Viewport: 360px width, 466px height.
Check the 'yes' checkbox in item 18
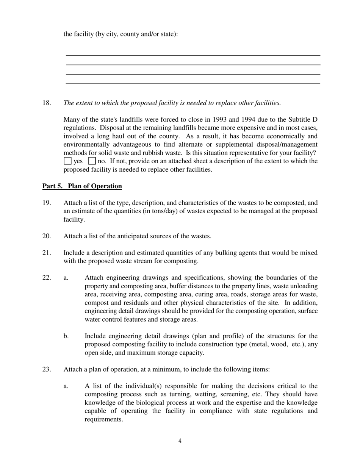tap(67, 161)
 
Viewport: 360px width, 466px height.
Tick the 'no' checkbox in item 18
tap(92, 161)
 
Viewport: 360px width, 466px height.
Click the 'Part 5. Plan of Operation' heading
tap(82, 186)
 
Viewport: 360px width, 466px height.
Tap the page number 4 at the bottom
tap(180, 441)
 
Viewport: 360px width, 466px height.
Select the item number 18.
tap(47, 103)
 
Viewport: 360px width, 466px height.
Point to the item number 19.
tap(47, 203)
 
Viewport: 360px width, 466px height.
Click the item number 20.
tap(47, 236)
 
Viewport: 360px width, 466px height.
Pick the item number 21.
tap(47, 253)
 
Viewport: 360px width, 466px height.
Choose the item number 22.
tap(47, 278)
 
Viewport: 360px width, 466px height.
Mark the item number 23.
tap(47, 369)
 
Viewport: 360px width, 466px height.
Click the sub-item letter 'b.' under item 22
tap(66, 336)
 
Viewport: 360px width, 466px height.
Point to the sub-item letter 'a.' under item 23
tap(66, 386)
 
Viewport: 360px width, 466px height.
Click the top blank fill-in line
tap(193, 55)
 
